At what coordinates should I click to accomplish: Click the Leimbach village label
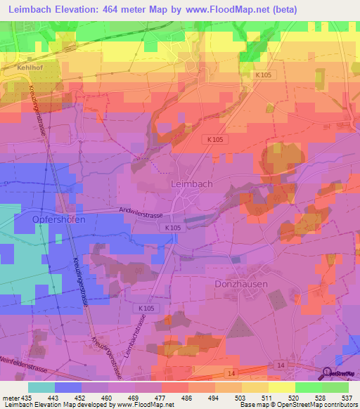pos(191,183)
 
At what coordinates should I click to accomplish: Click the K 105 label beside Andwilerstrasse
pos(172,228)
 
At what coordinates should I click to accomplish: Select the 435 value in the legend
pos(25,398)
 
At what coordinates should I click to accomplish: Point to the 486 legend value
pos(188,398)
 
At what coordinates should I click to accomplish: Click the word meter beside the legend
pos(10,398)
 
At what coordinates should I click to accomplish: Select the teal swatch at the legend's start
pos(41,387)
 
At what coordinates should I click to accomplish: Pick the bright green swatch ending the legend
pos(335,387)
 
